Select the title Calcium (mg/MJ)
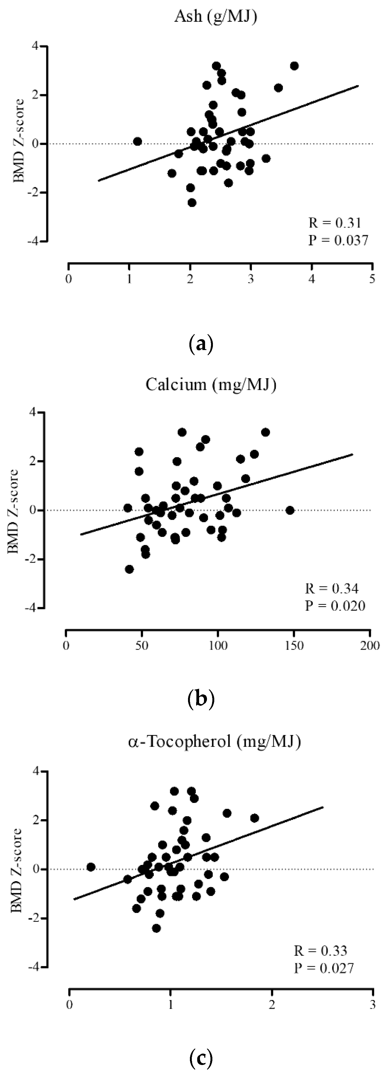pos(210,384)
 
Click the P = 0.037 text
pos(338,240)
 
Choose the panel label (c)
pos(201,1055)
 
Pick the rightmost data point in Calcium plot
pos(290,510)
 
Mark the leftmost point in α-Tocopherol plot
pos(91,867)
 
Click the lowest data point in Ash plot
pos(192,202)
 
